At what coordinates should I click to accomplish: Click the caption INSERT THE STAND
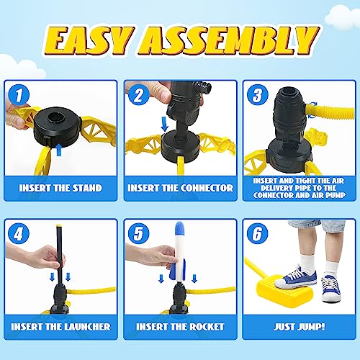60,187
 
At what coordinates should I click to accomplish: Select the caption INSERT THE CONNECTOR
180,188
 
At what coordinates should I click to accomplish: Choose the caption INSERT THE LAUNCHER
60,326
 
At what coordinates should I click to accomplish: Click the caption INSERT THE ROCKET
180,326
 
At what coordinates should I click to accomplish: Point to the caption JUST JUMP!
300,326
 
